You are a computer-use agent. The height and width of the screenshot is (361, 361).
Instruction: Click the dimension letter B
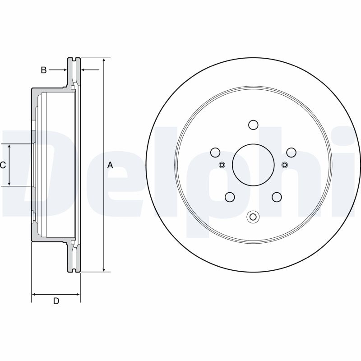(x=44, y=70)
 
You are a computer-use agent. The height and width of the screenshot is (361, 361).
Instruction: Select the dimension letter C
(x=3, y=165)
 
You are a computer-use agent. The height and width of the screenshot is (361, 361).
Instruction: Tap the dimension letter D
(x=56, y=301)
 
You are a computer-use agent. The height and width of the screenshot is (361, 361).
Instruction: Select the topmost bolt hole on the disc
(x=253, y=125)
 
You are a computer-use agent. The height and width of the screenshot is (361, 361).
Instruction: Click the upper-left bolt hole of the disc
(x=215, y=152)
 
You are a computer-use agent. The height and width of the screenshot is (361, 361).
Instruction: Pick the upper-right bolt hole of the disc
(x=291, y=152)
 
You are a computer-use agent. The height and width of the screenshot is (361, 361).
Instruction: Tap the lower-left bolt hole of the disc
(x=230, y=197)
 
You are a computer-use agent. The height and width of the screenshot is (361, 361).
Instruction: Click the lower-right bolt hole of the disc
(x=277, y=197)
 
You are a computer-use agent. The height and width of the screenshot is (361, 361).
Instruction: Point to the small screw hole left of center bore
(x=222, y=164)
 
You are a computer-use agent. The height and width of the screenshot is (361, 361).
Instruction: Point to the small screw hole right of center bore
(x=285, y=164)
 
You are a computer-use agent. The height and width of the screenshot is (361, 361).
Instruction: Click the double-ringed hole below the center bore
(x=253, y=217)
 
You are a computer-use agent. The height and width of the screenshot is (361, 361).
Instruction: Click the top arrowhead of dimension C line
(x=10, y=147)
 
